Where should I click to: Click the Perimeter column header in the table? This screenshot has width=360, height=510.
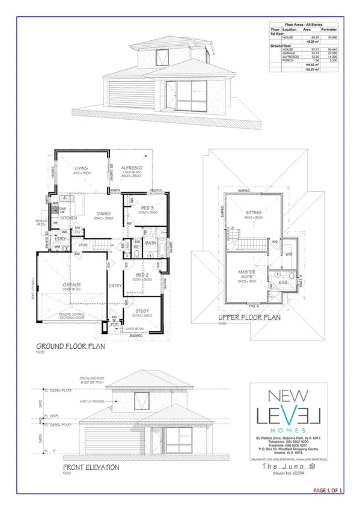click(x=329, y=29)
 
